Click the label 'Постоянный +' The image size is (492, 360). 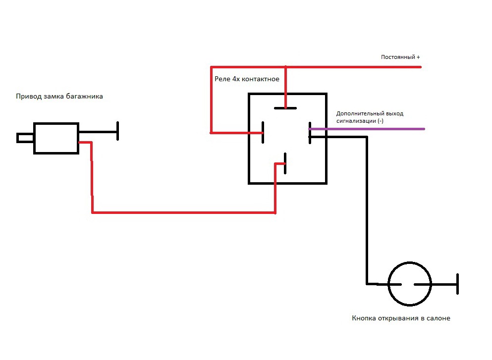click(x=400, y=57)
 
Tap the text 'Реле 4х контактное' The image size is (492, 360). click(x=247, y=79)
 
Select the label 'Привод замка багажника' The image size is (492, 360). click(x=59, y=97)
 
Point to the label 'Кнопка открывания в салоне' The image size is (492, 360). click(x=401, y=318)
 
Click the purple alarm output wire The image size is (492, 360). click(x=377, y=129)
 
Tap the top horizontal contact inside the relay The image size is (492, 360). click(x=285, y=107)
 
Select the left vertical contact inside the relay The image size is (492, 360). click(x=263, y=132)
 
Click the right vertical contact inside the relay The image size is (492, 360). click(x=309, y=133)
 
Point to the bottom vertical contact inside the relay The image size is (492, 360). click(x=285, y=163)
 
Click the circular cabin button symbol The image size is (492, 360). click(x=409, y=284)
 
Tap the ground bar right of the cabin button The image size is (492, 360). click(x=457, y=284)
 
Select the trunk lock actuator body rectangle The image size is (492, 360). click(x=56, y=138)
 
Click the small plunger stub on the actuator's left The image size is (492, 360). click(x=25, y=138)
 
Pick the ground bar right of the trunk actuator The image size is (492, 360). click(x=117, y=131)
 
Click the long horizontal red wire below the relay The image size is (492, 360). click(x=183, y=212)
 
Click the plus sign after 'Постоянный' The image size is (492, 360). click(x=418, y=57)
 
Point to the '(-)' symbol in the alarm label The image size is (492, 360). click(x=380, y=121)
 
